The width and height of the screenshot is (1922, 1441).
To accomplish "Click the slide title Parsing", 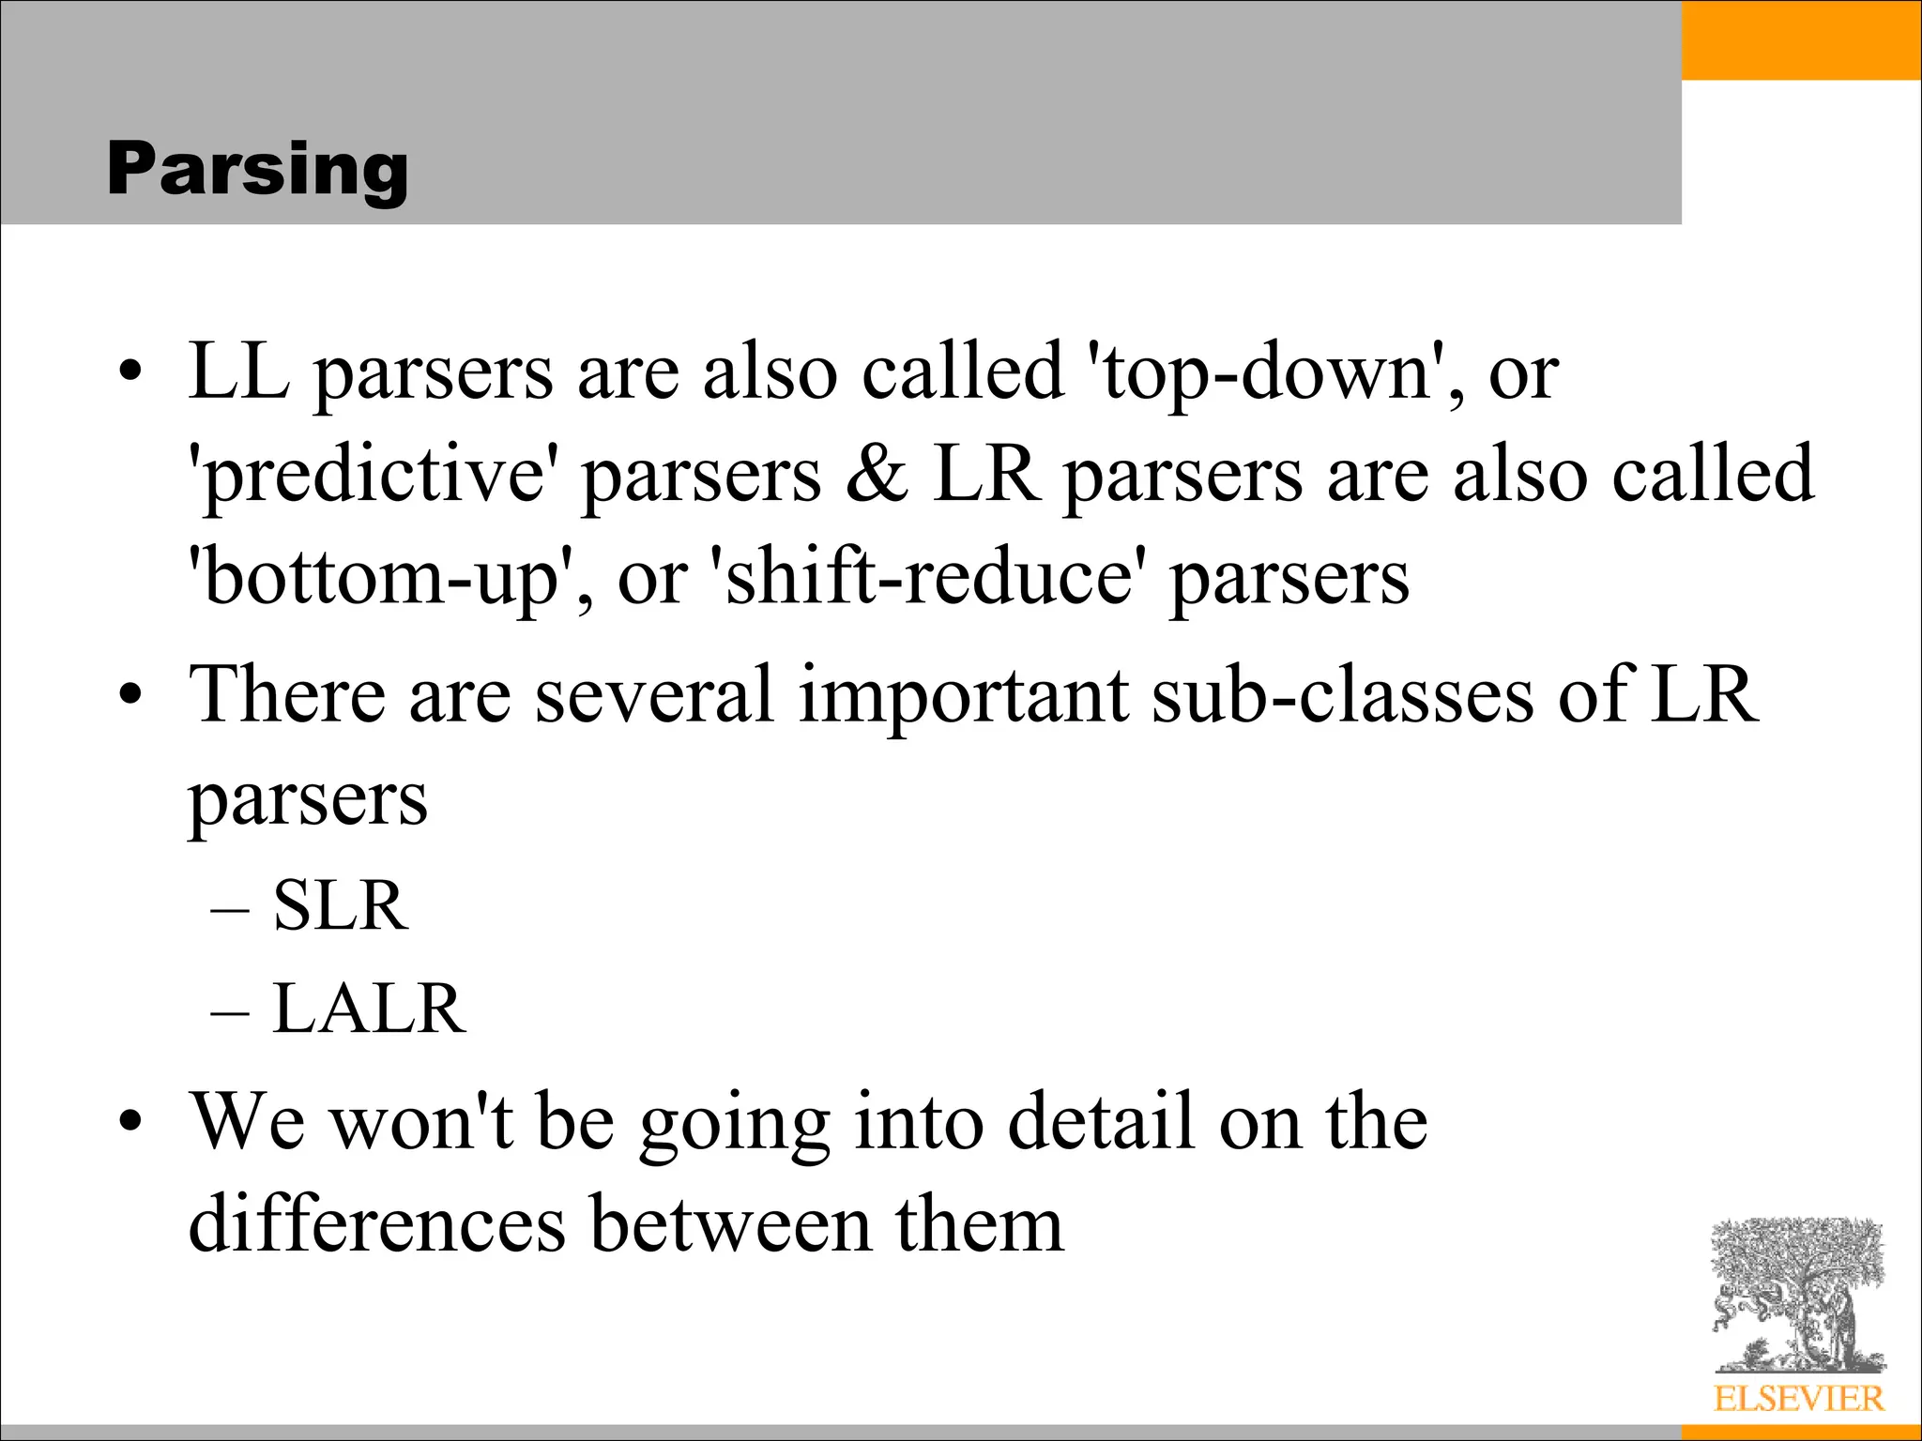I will (x=257, y=170).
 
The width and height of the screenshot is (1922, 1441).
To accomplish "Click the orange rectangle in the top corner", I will (x=1800, y=39).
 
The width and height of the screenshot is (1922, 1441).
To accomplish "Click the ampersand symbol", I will (x=877, y=474).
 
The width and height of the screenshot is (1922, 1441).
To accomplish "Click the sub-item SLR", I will (x=340, y=906).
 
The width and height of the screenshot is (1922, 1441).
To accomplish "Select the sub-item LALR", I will (x=368, y=1009).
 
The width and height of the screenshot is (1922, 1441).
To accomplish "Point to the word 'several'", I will (x=654, y=695).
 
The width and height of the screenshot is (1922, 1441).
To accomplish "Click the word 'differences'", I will (x=376, y=1224).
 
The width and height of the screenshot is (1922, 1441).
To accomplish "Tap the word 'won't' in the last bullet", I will (x=422, y=1122).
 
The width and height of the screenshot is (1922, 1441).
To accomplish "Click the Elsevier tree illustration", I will (x=1797, y=1295).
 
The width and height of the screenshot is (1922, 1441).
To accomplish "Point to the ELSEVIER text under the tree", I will (x=1798, y=1399).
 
